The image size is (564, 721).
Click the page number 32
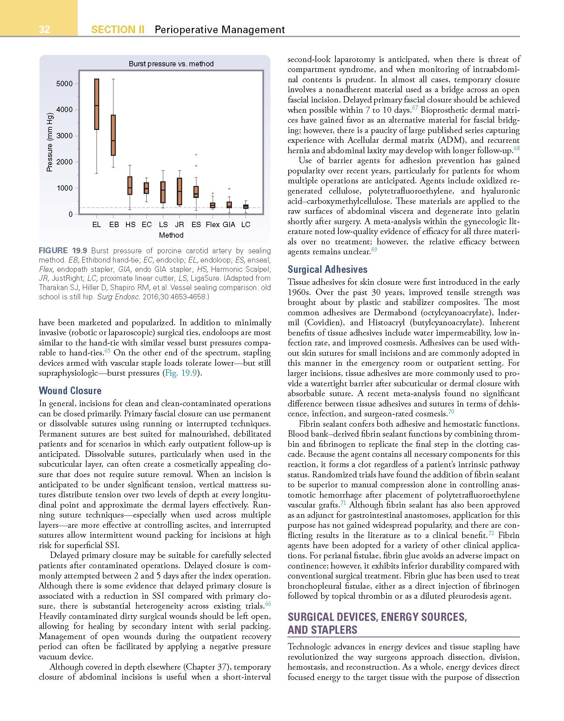(44, 30)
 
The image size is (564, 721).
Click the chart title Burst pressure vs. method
(171, 64)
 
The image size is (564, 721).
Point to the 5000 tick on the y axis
(64, 84)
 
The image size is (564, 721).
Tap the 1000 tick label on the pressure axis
(64, 188)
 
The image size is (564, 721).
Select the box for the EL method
(97, 104)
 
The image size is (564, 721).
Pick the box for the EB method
(113, 135)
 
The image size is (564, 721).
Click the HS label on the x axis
(130, 224)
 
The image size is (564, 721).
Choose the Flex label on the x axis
(212, 224)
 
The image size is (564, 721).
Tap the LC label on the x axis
(246, 224)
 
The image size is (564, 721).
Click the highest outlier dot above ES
(196, 154)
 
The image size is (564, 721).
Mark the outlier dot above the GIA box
(229, 189)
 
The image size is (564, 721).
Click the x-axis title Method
(171, 235)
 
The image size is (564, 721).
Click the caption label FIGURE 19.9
(63, 251)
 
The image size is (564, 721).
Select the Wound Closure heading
(70, 391)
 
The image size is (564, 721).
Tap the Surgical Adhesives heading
(327, 269)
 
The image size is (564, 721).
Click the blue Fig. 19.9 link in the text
(181, 373)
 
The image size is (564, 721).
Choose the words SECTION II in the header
(118, 30)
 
